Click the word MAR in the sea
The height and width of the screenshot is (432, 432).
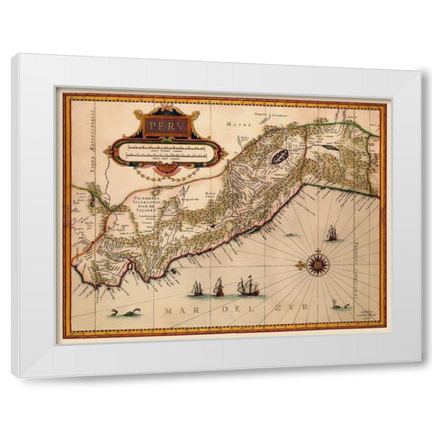click(176, 310)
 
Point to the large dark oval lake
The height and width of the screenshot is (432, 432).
click(279, 156)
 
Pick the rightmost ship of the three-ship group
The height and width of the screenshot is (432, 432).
click(249, 286)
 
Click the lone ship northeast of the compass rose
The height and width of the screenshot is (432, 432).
click(332, 234)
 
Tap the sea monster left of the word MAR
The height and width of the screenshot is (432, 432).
click(120, 311)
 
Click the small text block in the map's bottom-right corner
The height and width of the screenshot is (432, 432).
click(367, 315)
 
